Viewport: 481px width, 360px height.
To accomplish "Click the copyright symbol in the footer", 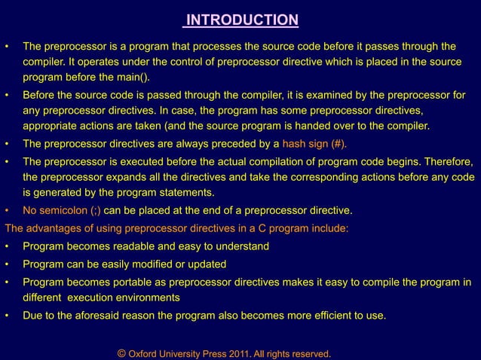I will tap(122, 353).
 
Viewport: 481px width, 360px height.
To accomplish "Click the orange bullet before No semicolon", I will tap(8, 210).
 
